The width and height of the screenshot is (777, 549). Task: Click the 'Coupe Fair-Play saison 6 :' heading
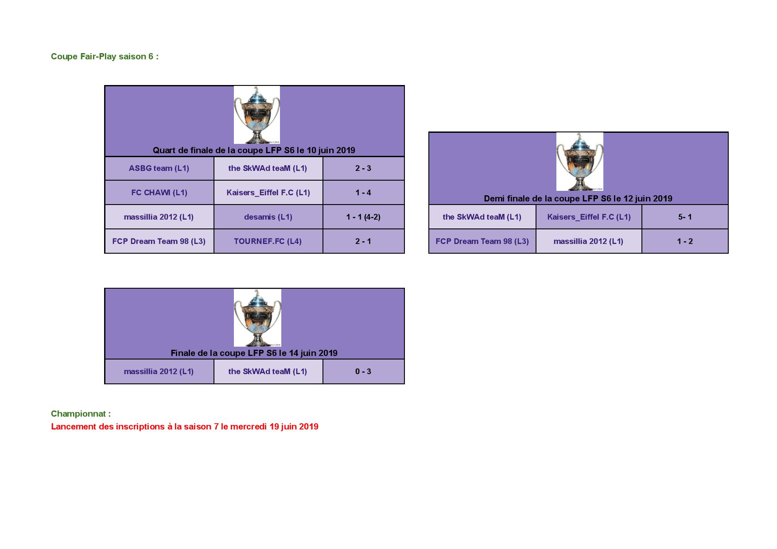click(105, 56)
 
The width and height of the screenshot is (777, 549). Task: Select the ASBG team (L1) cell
click(159, 168)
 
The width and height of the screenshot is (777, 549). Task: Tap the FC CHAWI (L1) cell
click(159, 193)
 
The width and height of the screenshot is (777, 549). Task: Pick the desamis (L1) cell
click(268, 217)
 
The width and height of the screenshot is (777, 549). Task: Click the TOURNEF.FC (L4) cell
click(268, 241)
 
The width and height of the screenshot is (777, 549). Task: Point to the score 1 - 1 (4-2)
click(363, 217)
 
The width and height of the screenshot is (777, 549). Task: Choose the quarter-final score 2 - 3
click(363, 168)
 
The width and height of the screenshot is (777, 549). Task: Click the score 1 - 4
click(363, 193)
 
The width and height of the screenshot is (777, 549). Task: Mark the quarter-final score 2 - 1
click(363, 241)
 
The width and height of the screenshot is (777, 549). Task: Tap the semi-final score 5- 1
click(685, 217)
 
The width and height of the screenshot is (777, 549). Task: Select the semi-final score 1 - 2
click(685, 241)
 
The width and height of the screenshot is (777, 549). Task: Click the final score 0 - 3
click(363, 371)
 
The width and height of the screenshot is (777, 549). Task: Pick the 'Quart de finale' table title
click(254, 150)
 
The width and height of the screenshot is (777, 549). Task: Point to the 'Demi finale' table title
click(578, 198)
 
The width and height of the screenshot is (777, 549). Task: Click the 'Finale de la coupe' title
click(254, 353)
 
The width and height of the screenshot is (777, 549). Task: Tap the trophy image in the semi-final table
click(579, 162)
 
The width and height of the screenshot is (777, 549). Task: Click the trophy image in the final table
click(257, 318)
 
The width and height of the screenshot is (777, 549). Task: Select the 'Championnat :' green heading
click(81, 414)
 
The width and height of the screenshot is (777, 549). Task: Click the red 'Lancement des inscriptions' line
click(185, 426)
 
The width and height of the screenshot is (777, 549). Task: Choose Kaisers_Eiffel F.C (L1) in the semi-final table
click(589, 217)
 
